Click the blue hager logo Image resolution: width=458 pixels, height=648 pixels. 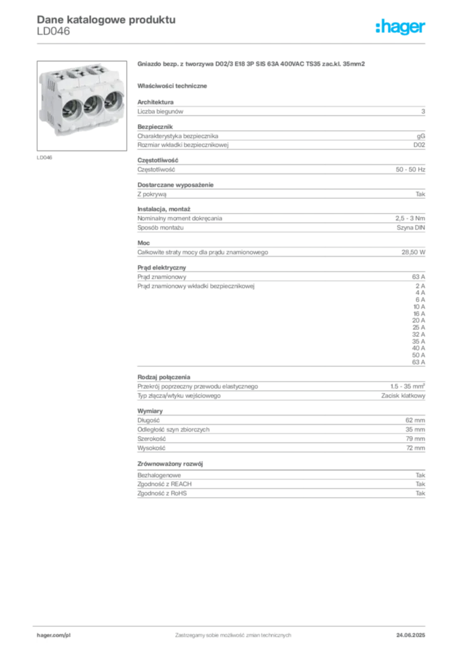coord(401,28)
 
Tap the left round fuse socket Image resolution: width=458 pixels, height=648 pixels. coord(68,107)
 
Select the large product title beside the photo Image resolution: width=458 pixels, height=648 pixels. coord(252,65)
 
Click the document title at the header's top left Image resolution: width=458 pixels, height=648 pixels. coord(105,20)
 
